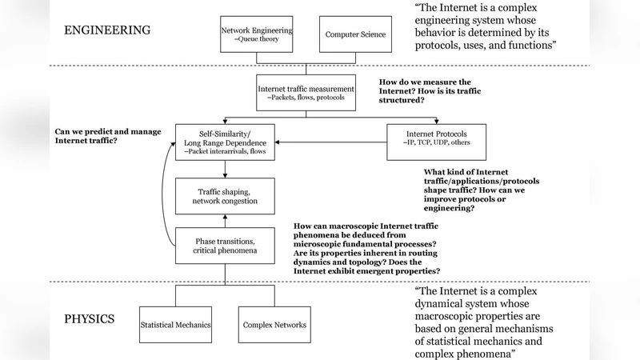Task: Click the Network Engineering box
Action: tap(256, 34)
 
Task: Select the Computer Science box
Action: tap(355, 34)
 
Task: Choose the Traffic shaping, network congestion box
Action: tap(225, 196)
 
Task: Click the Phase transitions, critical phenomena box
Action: tap(225, 246)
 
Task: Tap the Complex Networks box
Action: tap(273, 325)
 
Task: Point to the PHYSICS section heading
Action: tap(89, 319)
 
